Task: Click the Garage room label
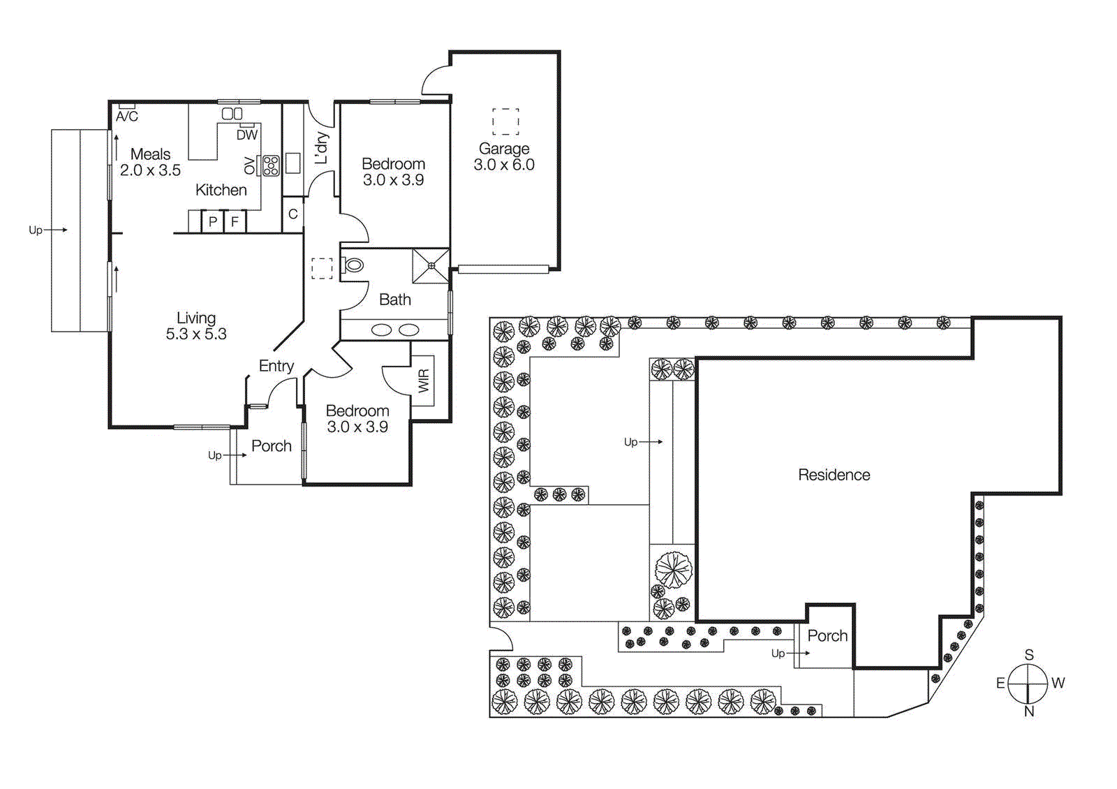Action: (x=504, y=149)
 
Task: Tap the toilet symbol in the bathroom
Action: (x=353, y=265)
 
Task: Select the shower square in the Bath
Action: (x=431, y=265)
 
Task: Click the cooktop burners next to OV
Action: (x=271, y=165)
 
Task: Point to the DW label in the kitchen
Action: (x=247, y=135)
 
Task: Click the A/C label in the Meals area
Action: (x=127, y=117)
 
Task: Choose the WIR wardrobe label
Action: (x=424, y=381)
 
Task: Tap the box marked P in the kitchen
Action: (x=213, y=222)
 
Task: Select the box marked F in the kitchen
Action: (x=235, y=222)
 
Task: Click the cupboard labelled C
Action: (x=293, y=214)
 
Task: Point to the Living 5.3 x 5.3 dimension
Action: (x=196, y=334)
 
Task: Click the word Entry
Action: (x=276, y=366)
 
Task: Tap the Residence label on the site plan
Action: (x=834, y=475)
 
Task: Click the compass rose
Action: (x=1028, y=683)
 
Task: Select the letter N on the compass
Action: (x=1029, y=711)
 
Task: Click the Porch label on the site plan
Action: (x=827, y=636)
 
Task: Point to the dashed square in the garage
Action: (x=505, y=121)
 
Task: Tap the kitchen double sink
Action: (x=232, y=113)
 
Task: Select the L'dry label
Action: (x=321, y=148)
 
